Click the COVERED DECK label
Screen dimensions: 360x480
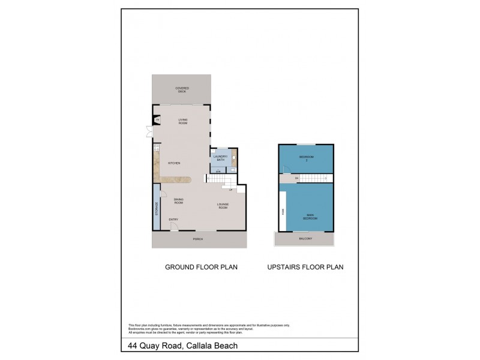click(182, 89)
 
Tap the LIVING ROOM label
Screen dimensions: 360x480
click(183, 121)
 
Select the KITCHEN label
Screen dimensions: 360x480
click(174, 163)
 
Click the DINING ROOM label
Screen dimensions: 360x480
click(178, 202)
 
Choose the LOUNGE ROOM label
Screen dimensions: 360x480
click(223, 206)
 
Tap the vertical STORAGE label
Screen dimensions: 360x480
click(157, 208)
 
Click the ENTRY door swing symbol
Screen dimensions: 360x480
click(173, 226)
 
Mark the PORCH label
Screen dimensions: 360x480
click(197, 239)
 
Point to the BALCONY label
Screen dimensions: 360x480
click(305, 239)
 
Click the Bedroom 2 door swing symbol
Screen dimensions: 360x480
click(286, 171)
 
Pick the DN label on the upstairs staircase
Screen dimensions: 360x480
click(296, 178)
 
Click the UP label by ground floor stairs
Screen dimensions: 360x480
click(230, 190)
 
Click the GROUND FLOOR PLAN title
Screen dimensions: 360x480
click(201, 267)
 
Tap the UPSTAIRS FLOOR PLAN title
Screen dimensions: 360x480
click(305, 267)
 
